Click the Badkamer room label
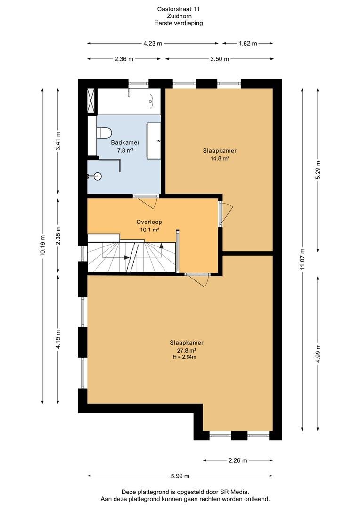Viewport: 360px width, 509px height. pyautogui.click(x=125, y=142)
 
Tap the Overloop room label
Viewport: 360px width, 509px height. pyautogui.click(x=149, y=222)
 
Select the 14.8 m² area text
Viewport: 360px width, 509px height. pyautogui.click(x=220, y=158)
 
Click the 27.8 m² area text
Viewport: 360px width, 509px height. pyautogui.click(x=187, y=351)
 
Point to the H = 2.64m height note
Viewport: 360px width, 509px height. pyautogui.click(x=184, y=357)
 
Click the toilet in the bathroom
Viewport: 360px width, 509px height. pyautogui.click(x=104, y=132)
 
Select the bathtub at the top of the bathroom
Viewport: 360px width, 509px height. pyautogui.click(x=129, y=101)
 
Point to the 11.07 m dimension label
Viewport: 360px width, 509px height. pyautogui.click(x=303, y=259)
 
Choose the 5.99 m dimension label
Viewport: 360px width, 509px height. pyautogui.click(x=180, y=476)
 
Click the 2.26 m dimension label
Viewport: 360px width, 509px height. pyautogui.click(x=237, y=460)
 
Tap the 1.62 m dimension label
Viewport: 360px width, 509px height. pyautogui.click(x=248, y=43)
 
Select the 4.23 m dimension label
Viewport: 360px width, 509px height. pyautogui.click(x=153, y=43)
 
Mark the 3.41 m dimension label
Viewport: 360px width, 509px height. pyautogui.click(x=58, y=141)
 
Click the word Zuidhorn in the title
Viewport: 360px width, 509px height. pyautogui.click(x=179, y=16)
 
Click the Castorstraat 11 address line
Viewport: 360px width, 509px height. pyautogui.click(x=179, y=9)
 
